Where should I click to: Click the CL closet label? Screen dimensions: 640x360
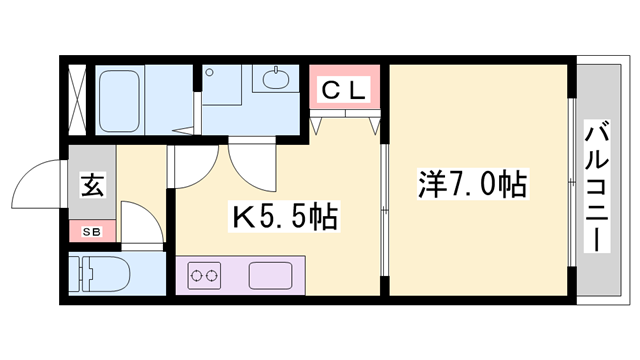coord(344,91)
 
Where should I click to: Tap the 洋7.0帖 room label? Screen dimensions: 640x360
coord(473,184)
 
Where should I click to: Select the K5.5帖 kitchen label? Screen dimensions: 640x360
coord(284,217)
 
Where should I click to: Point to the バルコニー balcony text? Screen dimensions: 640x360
coord(597,186)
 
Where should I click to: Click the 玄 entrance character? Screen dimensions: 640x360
coord(93,185)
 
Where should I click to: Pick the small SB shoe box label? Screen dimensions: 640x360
coord(91,232)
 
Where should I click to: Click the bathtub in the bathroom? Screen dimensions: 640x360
coord(120,101)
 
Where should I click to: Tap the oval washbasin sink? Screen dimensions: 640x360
coord(276,80)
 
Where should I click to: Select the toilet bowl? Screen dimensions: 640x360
coord(109,273)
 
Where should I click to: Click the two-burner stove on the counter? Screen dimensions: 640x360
coord(204,276)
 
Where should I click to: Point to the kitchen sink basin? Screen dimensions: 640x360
coord(271,276)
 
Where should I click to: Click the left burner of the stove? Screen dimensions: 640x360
coord(196,276)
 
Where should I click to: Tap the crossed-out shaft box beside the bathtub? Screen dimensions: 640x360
coord(77,100)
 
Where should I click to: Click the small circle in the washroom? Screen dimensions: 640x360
coord(209,73)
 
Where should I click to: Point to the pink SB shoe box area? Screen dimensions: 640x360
coord(92,231)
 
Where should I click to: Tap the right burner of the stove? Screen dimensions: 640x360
coord(211,276)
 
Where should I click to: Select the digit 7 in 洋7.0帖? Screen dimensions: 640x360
coord(456,184)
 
